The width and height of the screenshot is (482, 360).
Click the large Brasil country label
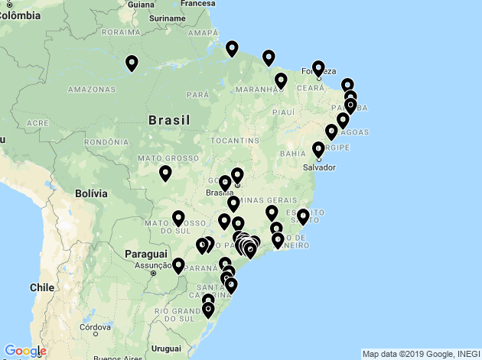[169, 120]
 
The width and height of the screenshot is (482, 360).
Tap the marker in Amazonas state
[132, 63]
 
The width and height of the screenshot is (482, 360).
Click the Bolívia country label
[91, 195]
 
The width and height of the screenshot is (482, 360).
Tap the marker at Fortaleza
[318, 69]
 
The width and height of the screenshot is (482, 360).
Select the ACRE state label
[37, 122]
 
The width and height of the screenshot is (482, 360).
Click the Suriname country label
[167, 17]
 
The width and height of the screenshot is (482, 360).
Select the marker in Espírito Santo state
[303, 217]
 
